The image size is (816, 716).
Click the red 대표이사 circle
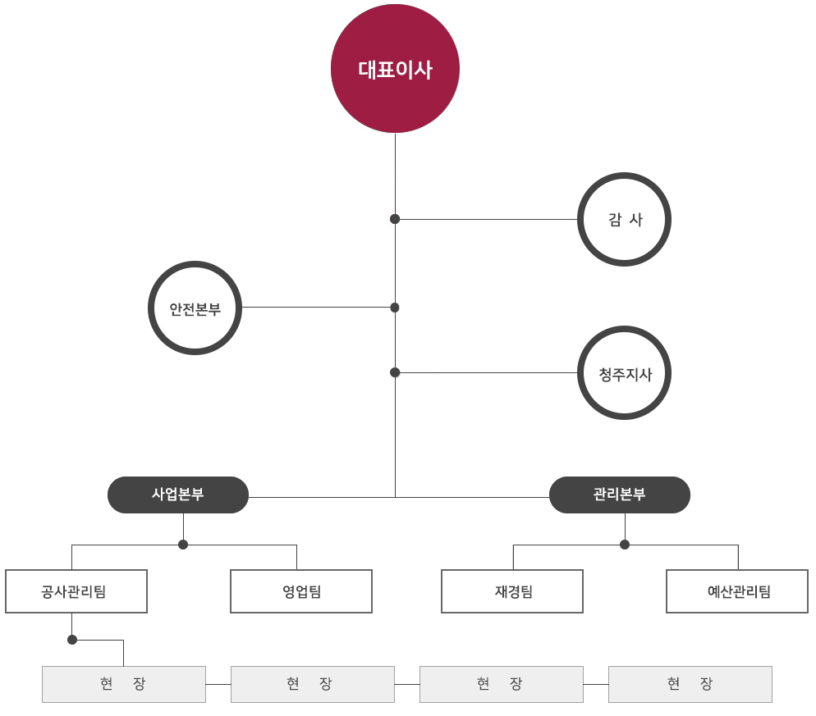pyautogui.click(x=395, y=69)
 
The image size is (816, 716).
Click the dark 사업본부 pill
pyautogui.click(x=178, y=495)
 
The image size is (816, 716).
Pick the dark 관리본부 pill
pyautogui.click(x=620, y=495)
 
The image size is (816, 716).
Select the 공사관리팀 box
pyautogui.click(x=76, y=591)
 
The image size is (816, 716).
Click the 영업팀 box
pyautogui.click(x=301, y=591)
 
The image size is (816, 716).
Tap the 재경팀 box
pyautogui.click(x=512, y=591)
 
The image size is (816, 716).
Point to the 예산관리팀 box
pyautogui.click(x=737, y=591)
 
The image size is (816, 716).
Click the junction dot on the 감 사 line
pyautogui.click(x=395, y=219)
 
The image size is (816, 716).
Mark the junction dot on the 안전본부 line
pyautogui.click(x=395, y=308)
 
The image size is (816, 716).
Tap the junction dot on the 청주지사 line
pyautogui.click(x=395, y=372)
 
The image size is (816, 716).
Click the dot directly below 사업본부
pyautogui.click(x=183, y=545)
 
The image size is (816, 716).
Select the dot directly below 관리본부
pyautogui.click(x=625, y=545)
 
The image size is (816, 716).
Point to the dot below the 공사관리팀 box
pyautogui.click(x=72, y=640)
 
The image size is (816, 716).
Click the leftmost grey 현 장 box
pyautogui.click(x=124, y=684)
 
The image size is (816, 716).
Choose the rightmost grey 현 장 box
pyautogui.click(x=690, y=684)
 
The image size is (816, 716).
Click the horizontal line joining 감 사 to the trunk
pyautogui.click(x=486, y=220)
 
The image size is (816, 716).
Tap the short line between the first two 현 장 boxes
pyautogui.click(x=218, y=684)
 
